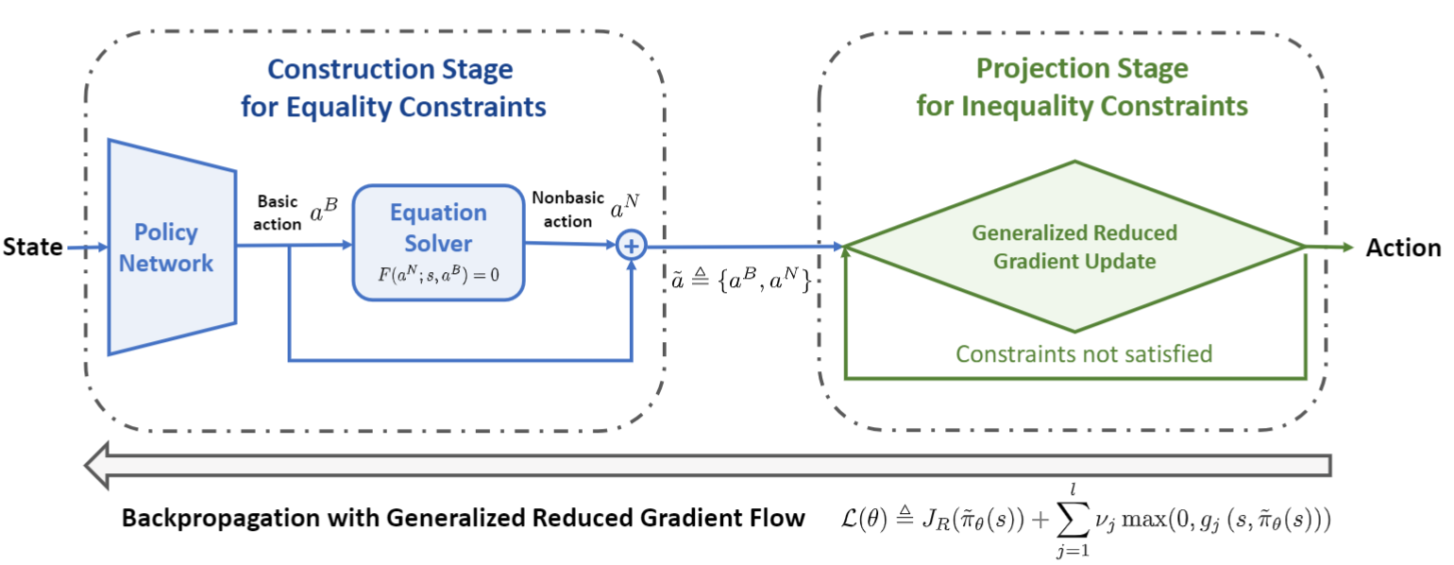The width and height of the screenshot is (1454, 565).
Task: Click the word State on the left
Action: (x=32, y=247)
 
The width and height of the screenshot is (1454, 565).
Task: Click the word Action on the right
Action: (x=1403, y=248)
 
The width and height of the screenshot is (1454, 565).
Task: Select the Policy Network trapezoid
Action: (x=172, y=247)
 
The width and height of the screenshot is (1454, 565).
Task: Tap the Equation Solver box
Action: (x=439, y=243)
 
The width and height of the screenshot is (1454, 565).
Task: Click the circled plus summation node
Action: (x=631, y=246)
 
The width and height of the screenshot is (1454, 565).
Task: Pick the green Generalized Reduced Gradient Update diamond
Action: (x=1074, y=247)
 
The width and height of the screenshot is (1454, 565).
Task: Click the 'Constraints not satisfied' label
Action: (x=1084, y=354)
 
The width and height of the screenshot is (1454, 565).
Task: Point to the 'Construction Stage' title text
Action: (x=390, y=69)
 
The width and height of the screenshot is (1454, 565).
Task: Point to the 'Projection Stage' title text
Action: (x=1082, y=68)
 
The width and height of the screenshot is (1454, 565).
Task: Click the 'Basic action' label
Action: (x=278, y=213)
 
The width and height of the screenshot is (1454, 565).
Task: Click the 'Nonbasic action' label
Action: (x=568, y=209)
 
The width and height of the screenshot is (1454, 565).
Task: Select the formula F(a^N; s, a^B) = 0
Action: (x=439, y=275)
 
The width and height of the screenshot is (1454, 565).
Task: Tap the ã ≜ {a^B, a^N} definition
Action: (x=742, y=280)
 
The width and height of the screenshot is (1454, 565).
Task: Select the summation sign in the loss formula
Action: (x=1073, y=520)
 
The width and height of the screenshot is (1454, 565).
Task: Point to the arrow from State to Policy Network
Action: (x=87, y=247)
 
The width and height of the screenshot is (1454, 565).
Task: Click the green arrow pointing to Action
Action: (x=1329, y=247)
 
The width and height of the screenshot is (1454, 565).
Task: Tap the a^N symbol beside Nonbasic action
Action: (x=624, y=207)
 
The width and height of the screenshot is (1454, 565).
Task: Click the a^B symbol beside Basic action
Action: (x=324, y=210)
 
